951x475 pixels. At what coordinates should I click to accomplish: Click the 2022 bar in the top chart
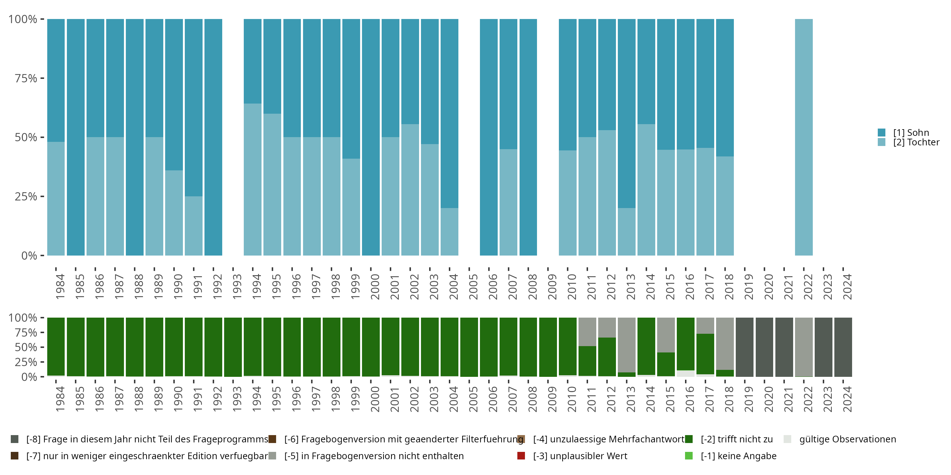pyautogui.click(x=804, y=137)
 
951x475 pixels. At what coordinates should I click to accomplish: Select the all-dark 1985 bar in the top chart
pyautogui.click(x=76, y=137)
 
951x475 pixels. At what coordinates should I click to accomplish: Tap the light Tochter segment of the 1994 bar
pyautogui.click(x=253, y=180)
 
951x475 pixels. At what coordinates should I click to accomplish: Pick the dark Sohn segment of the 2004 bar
pyautogui.click(x=449, y=113)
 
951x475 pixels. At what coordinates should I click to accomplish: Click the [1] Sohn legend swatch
pyautogui.click(x=882, y=132)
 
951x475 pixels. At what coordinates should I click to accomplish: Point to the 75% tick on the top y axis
pyautogui.click(x=42, y=78)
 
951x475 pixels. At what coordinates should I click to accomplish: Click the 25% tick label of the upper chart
pyautogui.click(x=26, y=197)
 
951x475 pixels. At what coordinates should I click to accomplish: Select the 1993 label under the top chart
pyautogui.click(x=237, y=287)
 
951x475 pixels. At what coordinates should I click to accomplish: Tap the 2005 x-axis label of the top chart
pyautogui.click(x=473, y=287)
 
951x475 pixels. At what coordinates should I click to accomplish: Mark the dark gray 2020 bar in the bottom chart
pyautogui.click(x=765, y=347)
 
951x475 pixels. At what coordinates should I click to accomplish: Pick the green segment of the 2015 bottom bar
pyautogui.click(x=666, y=364)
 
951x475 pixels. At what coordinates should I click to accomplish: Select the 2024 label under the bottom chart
pyautogui.click(x=847, y=399)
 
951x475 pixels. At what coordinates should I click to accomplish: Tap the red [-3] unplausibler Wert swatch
pyautogui.click(x=521, y=456)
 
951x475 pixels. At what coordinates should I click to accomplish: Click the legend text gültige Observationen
pyautogui.click(x=847, y=439)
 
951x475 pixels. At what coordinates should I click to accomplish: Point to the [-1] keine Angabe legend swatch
pyautogui.click(x=689, y=456)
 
